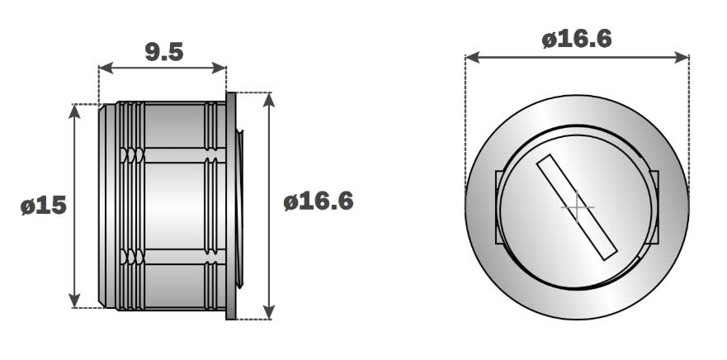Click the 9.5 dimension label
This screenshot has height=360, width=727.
[x=164, y=52]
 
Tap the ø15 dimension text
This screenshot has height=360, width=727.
[x=44, y=205]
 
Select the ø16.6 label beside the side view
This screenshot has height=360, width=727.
[x=319, y=201]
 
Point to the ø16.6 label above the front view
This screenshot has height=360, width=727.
[x=577, y=39]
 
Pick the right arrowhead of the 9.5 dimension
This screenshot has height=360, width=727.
[x=219, y=68]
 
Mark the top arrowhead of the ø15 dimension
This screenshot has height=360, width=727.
[x=74, y=111]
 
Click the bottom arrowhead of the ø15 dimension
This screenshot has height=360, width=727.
[x=74, y=301]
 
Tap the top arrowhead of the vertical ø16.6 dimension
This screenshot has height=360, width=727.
[x=269, y=100]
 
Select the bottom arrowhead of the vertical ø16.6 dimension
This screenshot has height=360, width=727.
[x=269, y=312]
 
